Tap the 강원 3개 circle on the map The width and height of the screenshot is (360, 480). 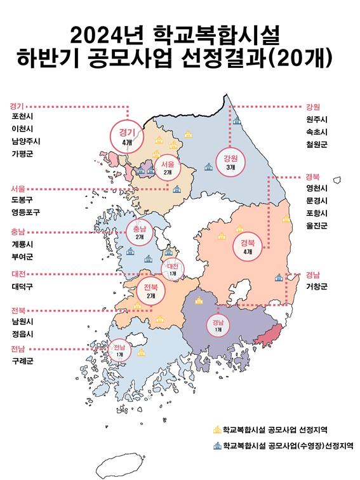tap(230, 161)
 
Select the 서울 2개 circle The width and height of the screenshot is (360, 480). tap(168, 166)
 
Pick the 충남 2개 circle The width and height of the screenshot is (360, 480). tap(139, 232)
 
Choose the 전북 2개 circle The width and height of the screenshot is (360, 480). tap(150, 290)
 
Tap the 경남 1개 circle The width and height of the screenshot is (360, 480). tap(218, 325)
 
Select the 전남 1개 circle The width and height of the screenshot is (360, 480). tap(119, 349)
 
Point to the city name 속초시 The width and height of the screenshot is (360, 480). tap(316, 132)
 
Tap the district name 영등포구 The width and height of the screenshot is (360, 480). tap(25, 213)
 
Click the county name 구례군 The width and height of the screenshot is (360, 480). tap(22, 361)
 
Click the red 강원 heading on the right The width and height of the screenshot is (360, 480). tap(312, 106)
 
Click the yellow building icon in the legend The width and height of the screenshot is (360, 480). tap(217, 430)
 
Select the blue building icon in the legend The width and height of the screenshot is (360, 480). tap(217, 446)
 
